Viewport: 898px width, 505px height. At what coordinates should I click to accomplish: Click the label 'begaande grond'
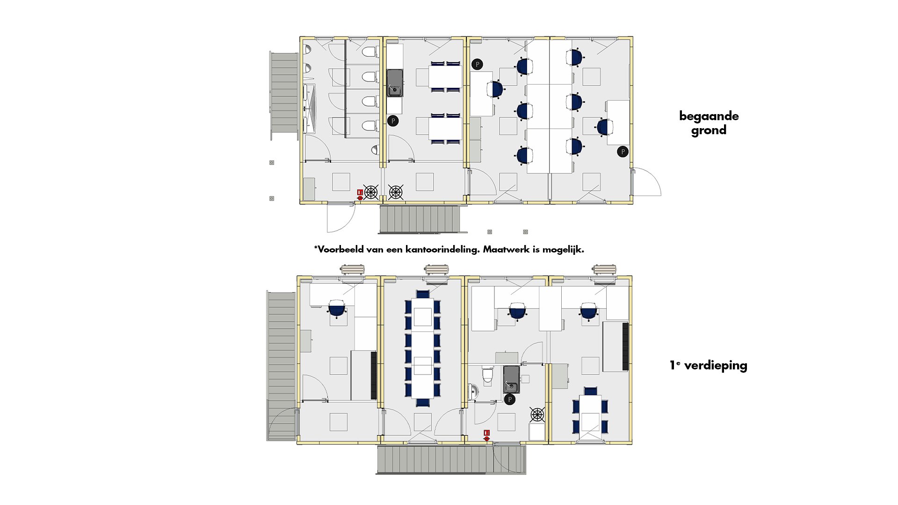709,123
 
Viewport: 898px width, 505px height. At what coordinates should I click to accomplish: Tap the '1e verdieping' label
708,365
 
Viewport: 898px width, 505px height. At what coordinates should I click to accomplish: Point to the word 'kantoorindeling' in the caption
442,249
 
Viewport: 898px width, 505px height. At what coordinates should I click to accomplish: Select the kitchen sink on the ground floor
395,83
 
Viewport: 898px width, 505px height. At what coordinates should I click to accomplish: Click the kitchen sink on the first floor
511,379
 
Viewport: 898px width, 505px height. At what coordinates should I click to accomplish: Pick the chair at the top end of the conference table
423,294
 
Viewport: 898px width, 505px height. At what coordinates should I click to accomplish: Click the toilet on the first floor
487,374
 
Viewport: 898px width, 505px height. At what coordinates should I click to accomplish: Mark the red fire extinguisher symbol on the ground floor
360,195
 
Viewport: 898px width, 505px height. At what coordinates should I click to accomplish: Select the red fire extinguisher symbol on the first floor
486,435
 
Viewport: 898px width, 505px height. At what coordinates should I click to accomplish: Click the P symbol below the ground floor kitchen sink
393,121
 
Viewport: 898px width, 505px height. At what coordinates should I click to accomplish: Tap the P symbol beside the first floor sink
510,399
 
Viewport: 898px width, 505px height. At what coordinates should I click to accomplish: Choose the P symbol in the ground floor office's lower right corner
623,151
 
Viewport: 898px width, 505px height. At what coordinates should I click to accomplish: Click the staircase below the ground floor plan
420,219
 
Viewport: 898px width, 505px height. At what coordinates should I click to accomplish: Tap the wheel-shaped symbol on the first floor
537,414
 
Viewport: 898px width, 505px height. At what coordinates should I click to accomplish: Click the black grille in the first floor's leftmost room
374,375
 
